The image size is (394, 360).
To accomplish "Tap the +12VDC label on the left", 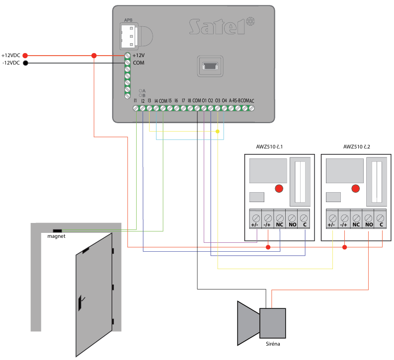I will [11, 56].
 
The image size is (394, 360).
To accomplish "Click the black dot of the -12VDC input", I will [25, 63].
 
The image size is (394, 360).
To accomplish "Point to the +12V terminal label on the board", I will [139, 56].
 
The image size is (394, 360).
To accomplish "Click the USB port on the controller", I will [210, 65].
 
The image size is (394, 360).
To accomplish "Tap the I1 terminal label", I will [135, 100].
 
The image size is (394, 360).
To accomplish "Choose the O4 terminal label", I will [224, 100].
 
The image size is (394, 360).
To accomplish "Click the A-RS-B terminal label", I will [236, 100].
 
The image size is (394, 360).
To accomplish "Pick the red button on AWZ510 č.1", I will [279, 189].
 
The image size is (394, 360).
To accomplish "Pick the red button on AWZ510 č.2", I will [355, 189].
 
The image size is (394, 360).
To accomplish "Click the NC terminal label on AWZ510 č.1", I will [280, 225].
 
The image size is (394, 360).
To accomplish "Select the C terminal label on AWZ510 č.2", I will [380, 225].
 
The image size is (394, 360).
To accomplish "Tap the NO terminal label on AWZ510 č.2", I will [368, 225].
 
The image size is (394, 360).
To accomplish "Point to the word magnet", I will [56, 236].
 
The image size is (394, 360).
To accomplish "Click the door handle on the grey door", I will [80, 300].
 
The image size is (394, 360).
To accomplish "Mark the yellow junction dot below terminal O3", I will [218, 132].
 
